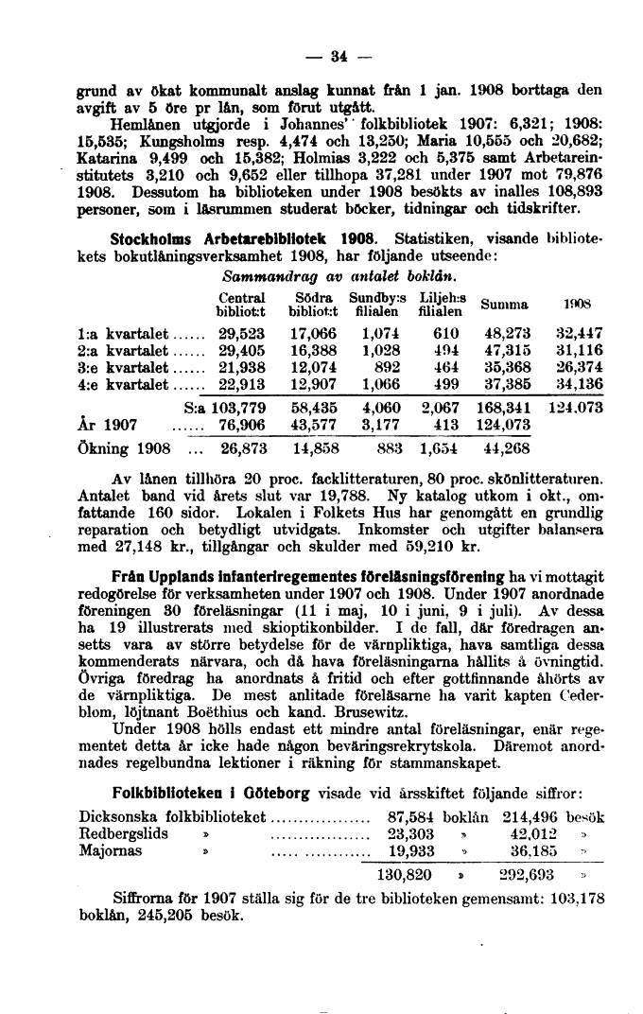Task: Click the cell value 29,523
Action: pyautogui.click(x=241, y=333)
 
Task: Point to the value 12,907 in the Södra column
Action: pyautogui.click(x=313, y=384)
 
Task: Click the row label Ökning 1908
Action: pyautogui.click(x=123, y=447)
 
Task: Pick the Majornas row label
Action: pyautogui.click(x=111, y=850)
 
